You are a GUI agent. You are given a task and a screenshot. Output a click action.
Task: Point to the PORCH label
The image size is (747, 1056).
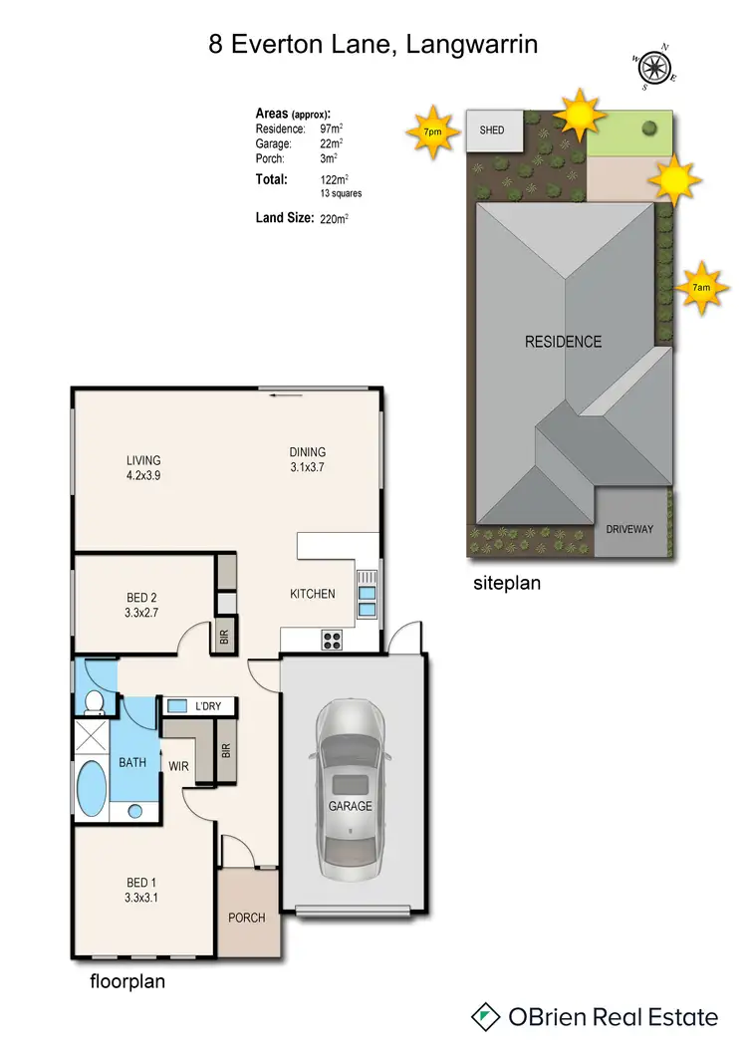click(x=247, y=917)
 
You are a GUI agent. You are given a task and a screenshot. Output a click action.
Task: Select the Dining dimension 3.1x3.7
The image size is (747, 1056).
click(x=308, y=467)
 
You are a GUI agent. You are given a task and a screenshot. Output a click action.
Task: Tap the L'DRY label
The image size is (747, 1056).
click(x=208, y=706)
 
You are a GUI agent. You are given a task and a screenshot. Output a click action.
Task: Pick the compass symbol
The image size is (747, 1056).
click(x=653, y=67)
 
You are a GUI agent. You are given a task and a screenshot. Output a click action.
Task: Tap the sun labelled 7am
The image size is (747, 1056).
click(x=701, y=288)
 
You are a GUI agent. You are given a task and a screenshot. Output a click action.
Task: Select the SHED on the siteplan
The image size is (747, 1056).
click(x=492, y=131)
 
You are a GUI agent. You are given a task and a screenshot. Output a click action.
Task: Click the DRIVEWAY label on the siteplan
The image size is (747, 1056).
click(x=629, y=529)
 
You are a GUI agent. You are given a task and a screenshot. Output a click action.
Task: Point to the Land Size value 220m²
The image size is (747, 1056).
click(x=334, y=217)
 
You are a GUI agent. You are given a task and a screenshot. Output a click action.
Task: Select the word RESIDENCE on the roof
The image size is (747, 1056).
click(x=564, y=342)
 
